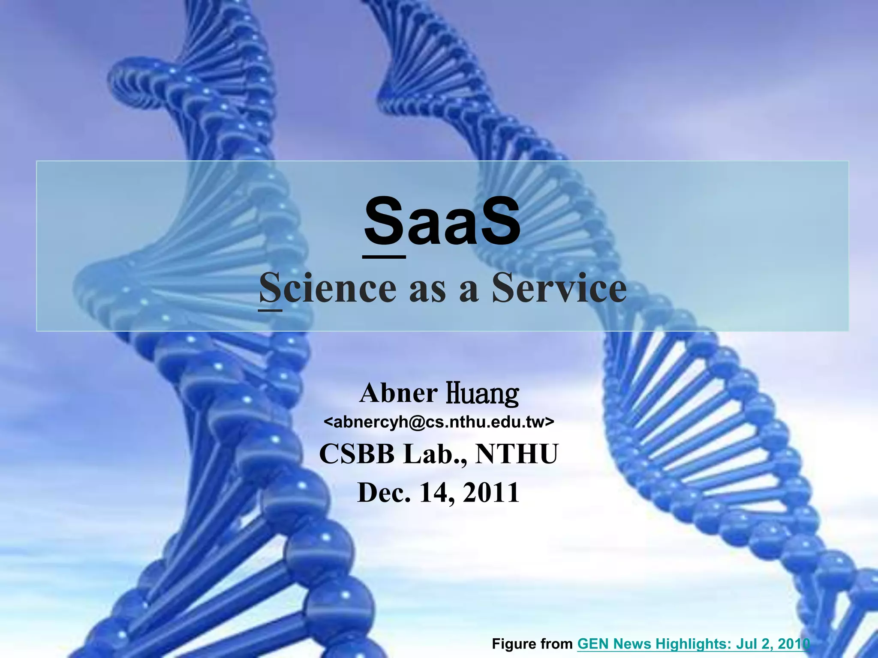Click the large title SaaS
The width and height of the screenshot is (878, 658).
[x=442, y=222]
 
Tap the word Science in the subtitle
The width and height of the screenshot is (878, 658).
[x=328, y=288]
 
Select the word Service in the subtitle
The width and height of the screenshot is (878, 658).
[x=559, y=288]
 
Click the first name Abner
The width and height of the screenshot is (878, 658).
[x=398, y=393]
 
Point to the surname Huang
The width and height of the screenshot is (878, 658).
[x=482, y=394]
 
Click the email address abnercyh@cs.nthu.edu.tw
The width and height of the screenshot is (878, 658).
[x=439, y=422]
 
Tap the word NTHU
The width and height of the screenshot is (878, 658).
[x=517, y=454]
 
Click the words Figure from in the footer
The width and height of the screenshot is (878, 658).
[x=532, y=643]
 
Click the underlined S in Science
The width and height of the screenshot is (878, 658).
[x=271, y=288]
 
